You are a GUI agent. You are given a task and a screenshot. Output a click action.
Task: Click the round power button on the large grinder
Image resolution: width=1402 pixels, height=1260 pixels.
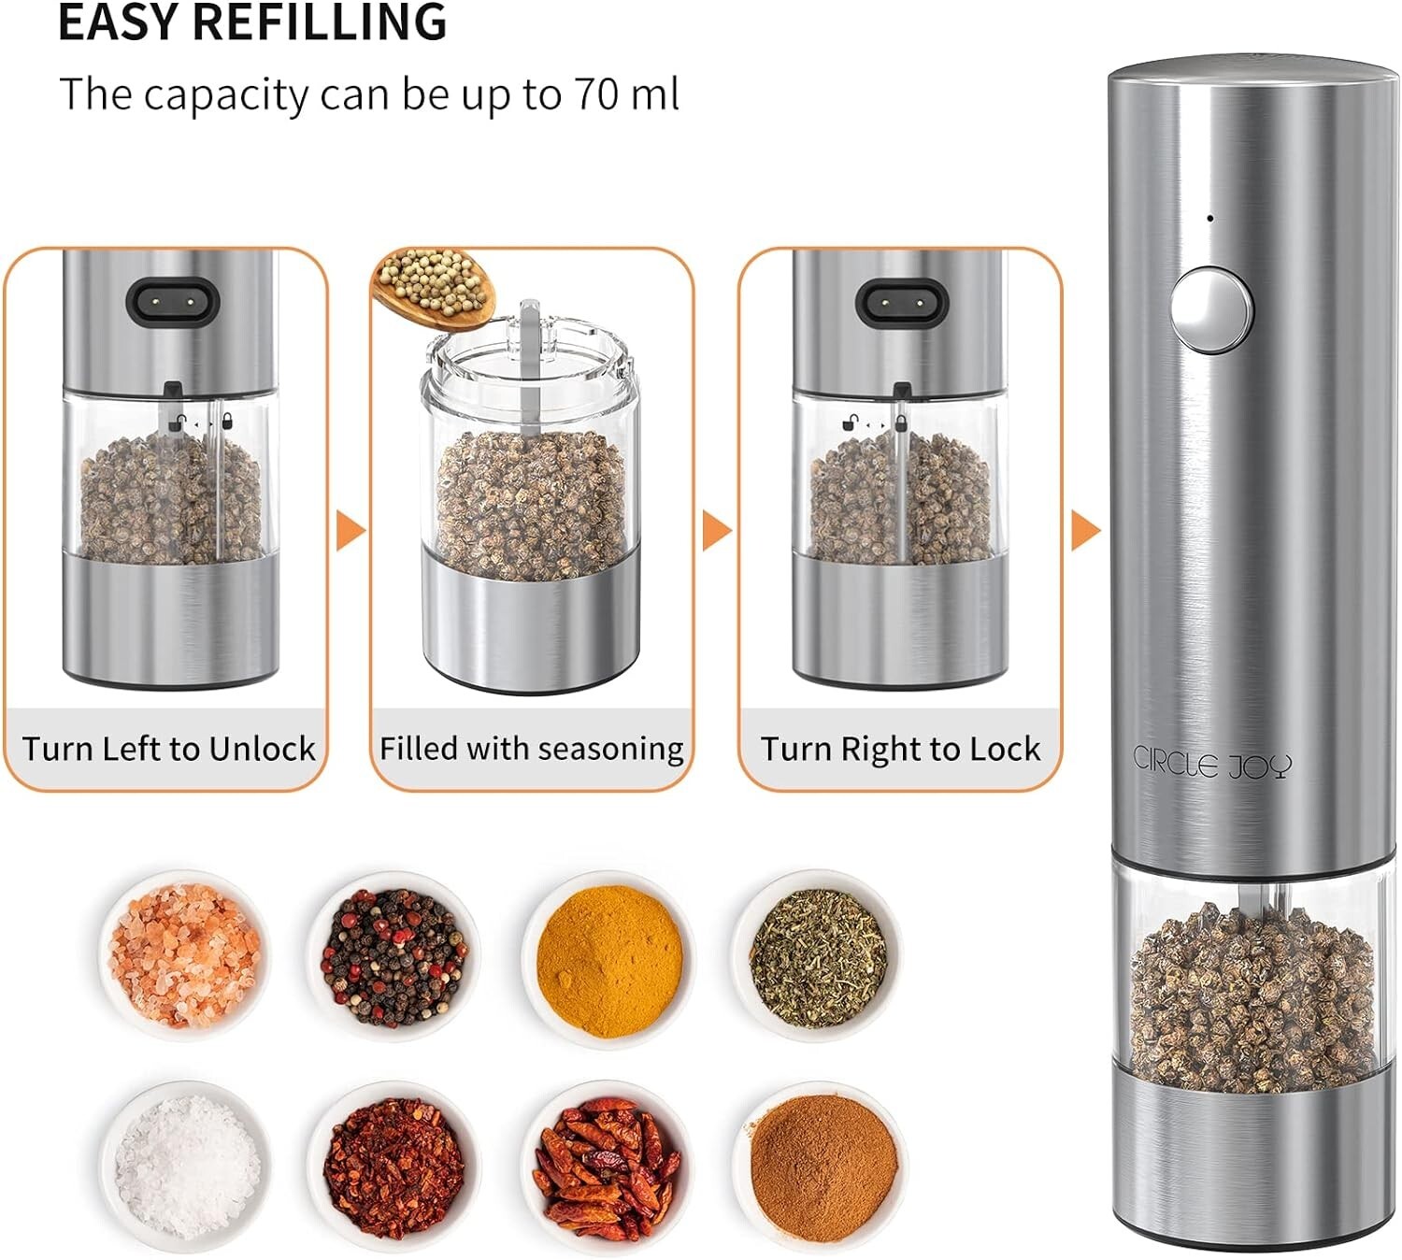(x=1211, y=309)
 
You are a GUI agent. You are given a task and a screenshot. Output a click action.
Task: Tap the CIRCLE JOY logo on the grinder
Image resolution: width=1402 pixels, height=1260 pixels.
(x=1212, y=763)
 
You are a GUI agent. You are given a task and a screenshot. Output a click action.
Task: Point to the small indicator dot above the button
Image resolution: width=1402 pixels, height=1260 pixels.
(x=1210, y=219)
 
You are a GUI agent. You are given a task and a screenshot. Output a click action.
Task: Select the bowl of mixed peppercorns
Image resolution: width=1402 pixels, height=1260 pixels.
(x=393, y=956)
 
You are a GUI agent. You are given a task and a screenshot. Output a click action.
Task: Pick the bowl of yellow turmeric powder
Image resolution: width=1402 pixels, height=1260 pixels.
(x=608, y=960)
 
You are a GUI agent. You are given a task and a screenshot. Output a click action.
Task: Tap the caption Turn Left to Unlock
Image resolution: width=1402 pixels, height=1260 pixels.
(x=168, y=749)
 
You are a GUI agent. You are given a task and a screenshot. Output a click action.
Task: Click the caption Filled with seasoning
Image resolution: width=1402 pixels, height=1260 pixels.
(x=531, y=749)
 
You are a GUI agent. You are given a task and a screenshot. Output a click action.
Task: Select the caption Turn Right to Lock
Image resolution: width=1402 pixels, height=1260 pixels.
(x=900, y=749)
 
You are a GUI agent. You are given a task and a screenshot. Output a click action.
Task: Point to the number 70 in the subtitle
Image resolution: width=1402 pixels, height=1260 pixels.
(x=595, y=93)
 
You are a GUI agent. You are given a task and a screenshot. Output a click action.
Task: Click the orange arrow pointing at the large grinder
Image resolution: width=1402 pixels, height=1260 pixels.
(x=1085, y=531)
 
